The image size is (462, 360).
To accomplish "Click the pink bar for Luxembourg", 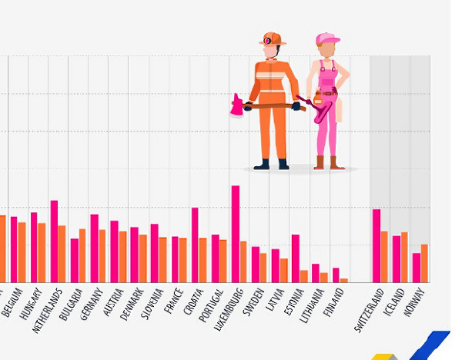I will point(235,234).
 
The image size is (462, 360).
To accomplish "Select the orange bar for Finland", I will point(344,280).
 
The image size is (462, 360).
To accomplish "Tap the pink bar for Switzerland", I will point(377,245).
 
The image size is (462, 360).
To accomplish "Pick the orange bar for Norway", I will point(424,263).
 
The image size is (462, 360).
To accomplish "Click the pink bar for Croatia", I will point(195,245).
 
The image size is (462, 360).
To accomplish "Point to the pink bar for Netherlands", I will point(54,241).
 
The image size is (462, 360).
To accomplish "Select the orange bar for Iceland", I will point(404,257).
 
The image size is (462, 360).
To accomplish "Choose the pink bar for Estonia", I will point(295,258).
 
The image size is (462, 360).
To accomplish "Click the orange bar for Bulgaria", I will point(82,255).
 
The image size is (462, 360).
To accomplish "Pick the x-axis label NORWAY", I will point(414,302).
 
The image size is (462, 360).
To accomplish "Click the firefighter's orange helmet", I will point(271,38).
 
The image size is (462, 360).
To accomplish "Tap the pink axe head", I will point(236,106).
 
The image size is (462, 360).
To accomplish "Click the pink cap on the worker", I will point(326,39).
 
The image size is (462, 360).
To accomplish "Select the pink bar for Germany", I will point(94,248).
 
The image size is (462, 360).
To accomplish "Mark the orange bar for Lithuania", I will point(324,277).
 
